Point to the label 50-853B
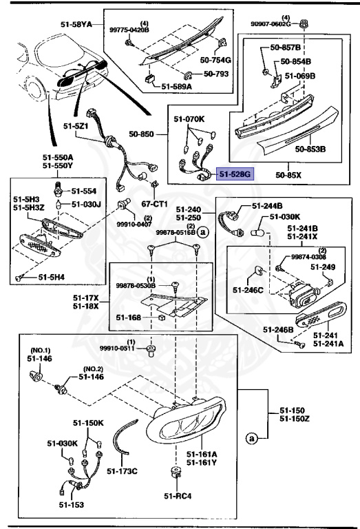[x=310, y=148]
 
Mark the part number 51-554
[x=84, y=190]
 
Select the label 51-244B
[x=267, y=206]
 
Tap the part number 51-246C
[x=248, y=290]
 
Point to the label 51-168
[x=128, y=317]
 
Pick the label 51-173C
[x=123, y=471]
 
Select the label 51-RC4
[x=178, y=495]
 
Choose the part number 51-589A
[x=176, y=86]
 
